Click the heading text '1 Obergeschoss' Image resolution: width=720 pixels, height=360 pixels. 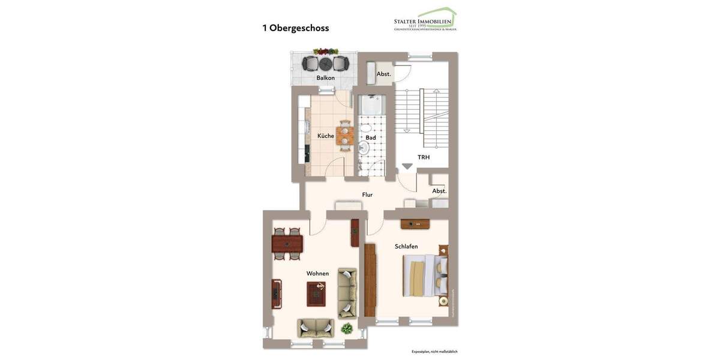[295, 28]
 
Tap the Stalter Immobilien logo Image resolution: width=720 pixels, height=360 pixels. [425, 20]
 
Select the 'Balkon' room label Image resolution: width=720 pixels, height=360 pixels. [326, 78]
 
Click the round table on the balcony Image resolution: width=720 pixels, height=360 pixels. [326, 63]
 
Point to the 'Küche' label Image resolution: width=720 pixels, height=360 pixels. [326, 136]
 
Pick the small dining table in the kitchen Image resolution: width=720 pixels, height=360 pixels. [344, 135]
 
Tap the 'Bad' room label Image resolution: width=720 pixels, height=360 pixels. [371, 137]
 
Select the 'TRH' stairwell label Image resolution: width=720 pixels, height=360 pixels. [424, 157]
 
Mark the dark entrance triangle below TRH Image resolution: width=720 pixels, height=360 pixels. [407, 166]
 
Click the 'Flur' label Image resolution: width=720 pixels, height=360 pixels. [367, 194]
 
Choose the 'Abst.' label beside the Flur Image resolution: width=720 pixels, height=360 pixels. [439, 191]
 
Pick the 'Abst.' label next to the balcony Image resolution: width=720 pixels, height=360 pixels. [383, 74]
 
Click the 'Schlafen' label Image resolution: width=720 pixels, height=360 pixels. [406, 247]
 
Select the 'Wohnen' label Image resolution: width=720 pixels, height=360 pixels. [317, 274]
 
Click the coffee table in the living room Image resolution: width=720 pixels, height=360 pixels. [316, 293]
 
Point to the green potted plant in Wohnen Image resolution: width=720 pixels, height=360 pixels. [347, 328]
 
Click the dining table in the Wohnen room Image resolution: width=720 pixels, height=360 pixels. [287, 244]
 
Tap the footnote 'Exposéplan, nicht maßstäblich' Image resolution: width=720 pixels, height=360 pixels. [434, 352]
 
